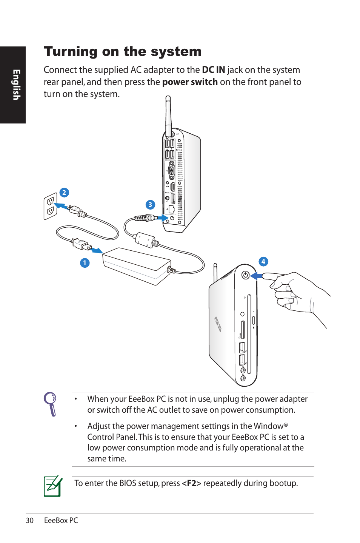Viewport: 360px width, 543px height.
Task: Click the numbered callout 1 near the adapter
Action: [85, 263]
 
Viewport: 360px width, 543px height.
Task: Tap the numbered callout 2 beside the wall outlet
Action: [64, 193]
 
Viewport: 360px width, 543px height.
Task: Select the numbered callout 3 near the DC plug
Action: [150, 205]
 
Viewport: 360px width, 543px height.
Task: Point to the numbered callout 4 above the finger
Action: [263, 261]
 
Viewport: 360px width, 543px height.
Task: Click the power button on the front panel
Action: [246, 275]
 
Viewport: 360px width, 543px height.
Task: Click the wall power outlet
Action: [50, 206]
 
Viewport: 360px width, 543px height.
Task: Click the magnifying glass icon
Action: [50, 404]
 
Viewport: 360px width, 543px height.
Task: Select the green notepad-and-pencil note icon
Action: [53, 486]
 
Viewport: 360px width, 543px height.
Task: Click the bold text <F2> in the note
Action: [191, 483]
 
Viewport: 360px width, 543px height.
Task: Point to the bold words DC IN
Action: [213, 70]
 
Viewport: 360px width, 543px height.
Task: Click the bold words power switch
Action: [190, 82]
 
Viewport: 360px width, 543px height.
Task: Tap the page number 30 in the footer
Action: [29, 520]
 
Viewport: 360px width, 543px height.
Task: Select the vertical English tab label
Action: [16, 85]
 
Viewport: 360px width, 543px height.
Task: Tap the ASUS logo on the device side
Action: [218, 324]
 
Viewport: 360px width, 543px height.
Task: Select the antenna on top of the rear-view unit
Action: [168, 113]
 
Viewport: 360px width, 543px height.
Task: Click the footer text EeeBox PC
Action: [61, 520]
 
